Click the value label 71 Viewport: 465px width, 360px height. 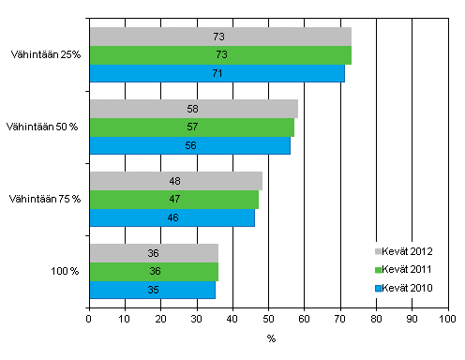click(217, 73)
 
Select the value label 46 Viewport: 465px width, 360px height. click(172, 217)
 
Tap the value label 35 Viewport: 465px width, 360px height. click(153, 290)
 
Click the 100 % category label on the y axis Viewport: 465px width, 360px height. click(66, 272)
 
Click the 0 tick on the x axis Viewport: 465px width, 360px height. click(88, 320)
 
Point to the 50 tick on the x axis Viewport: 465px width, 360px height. click(268, 320)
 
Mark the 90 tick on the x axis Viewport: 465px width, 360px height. click(412, 320)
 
